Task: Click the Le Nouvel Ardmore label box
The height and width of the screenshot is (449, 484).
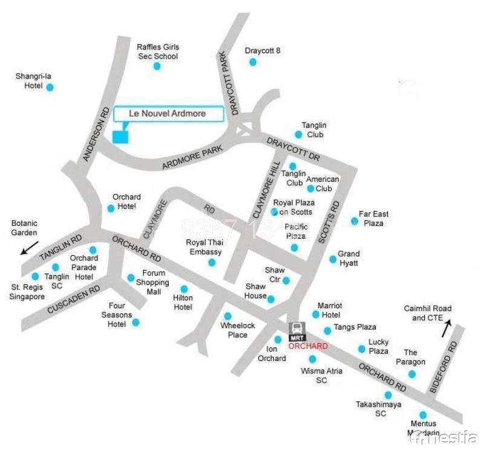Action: pyautogui.click(x=168, y=114)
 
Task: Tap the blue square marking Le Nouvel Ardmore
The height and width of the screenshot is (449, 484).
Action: pyautogui.click(x=121, y=137)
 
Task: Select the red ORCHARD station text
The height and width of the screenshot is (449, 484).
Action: pyautogui.click(x=308, y=346)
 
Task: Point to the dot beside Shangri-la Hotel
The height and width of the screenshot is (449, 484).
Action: pyautogui.click(x=50, y=87)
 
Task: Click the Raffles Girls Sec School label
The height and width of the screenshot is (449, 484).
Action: pyautogui.click(x=157, y=51)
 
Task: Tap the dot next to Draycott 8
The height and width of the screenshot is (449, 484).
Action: pyautogui.click(x=253, y=62)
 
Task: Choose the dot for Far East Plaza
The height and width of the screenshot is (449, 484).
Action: pyautogui.click(x=355, y=221)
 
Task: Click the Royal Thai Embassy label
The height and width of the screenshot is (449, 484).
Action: pyautogui.click(x=204, y=247)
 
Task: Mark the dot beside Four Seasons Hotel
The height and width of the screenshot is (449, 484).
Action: pyautogui.click(x=136, y=323)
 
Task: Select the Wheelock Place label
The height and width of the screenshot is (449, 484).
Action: pyautogui.click(x=234, y=330)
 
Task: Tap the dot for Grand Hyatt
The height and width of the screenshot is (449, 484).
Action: pyautogui.click(x=333, y=259)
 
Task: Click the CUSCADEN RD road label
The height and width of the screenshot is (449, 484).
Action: pyautogui.click(x=74, y=300)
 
